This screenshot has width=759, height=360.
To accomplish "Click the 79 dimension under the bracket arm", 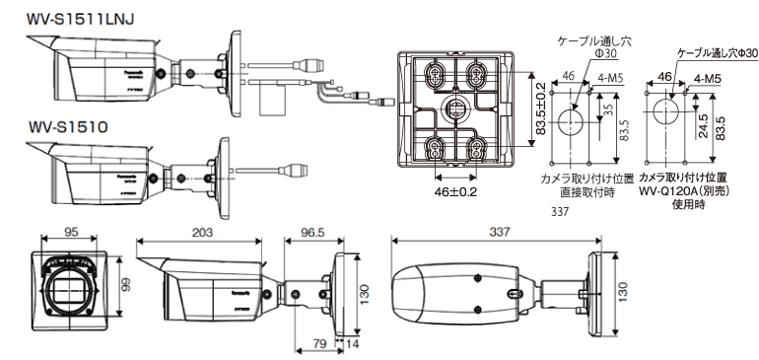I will [319, 343].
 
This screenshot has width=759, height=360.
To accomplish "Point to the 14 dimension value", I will [353, 343].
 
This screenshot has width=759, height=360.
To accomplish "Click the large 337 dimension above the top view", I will [501, 232].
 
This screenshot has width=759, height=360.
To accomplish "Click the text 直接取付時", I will [586, 195].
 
